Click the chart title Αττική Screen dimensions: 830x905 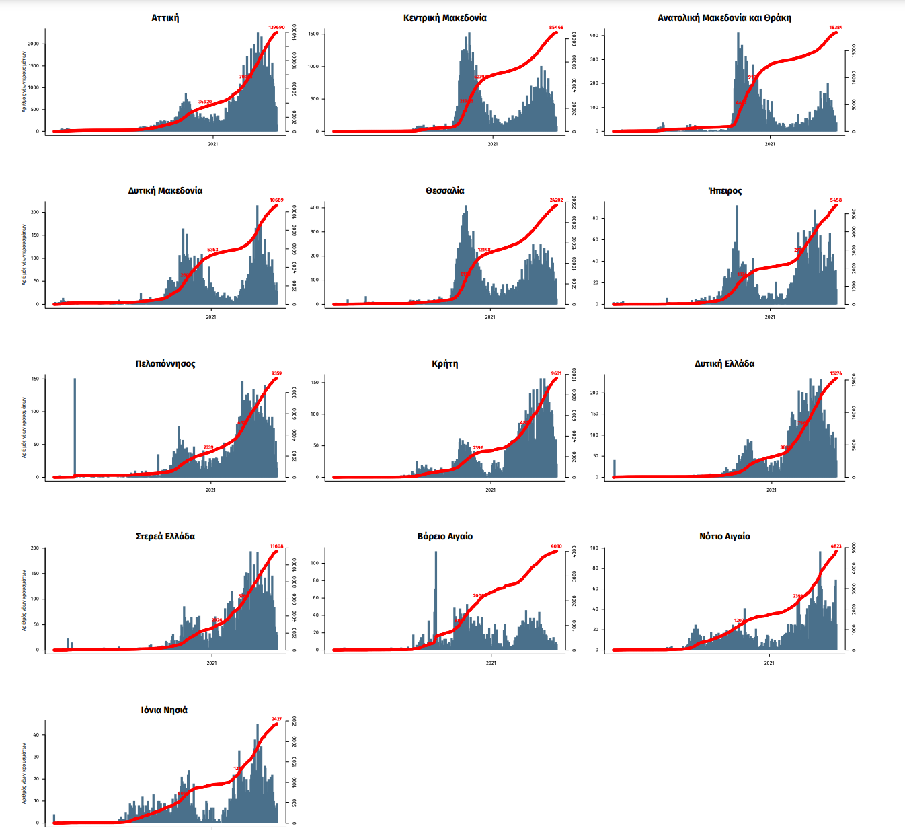click(x=165, y=18)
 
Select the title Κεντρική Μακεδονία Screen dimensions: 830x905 click(x=445, y=18)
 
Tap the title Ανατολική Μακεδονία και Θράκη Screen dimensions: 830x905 click(x=724, y=18)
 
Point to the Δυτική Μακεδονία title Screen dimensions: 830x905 click(x=165, y=191)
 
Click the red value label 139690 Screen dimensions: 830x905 click(x=276, y=28)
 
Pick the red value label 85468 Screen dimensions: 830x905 click(x=556, y=28)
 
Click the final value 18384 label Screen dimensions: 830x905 click(x=836, y=28)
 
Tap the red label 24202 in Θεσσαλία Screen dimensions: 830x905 click(x=556, y=200)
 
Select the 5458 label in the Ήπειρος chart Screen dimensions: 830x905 click(x=836, y=200)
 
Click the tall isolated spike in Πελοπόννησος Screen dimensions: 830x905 click(x=75, y=427)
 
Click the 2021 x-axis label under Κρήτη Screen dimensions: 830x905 click(x=491, y=490)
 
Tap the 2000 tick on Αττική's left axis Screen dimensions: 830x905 click(x=34, y=44)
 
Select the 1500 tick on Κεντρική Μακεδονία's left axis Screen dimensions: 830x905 click(x=313, y=34)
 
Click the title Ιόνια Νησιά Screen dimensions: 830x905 click(x=164, y=710)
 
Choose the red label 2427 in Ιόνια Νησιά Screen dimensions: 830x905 click(x=276, y=719)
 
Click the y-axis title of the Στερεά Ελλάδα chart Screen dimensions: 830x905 click(x=24, y=600)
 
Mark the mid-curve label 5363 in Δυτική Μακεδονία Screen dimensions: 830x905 click(x=212, y=250)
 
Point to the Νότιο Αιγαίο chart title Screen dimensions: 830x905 click(x=724, y=537)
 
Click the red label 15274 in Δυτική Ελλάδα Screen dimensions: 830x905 click(x=836, y=373)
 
